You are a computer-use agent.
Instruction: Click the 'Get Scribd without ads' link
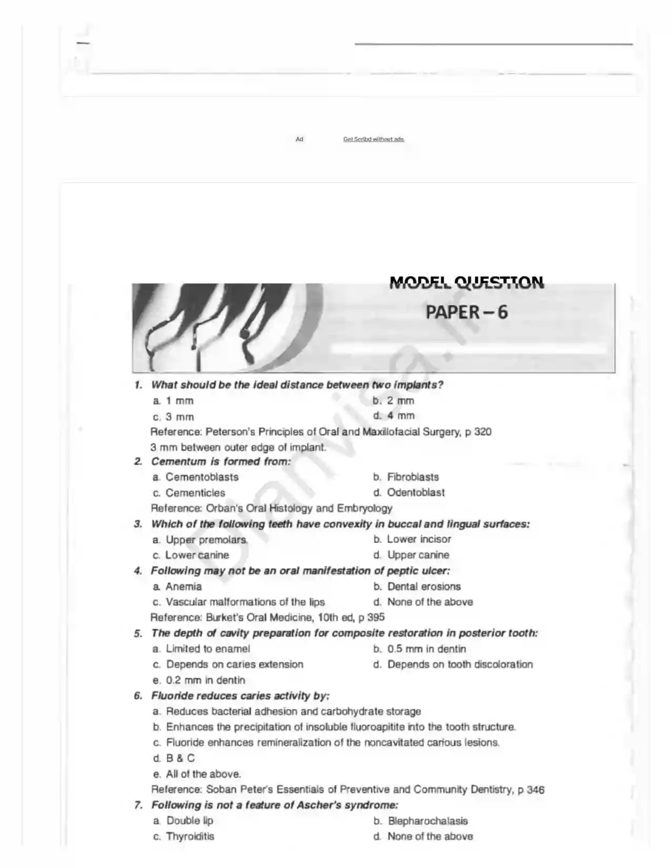[374, 139]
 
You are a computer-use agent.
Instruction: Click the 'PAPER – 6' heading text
[466, 312]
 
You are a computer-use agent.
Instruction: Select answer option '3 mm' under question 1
[179, 417]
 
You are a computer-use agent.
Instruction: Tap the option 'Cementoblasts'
[202, 477]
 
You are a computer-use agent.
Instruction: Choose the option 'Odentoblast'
[415, 492]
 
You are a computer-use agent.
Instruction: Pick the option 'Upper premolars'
[206, 540]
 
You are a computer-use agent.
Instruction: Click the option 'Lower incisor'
[418, 539]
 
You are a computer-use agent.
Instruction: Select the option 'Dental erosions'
[424, 587]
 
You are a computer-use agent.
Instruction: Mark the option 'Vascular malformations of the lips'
[245, 602]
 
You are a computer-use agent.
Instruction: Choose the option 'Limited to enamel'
[208, 649]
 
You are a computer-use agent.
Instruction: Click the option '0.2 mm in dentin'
[205, 680]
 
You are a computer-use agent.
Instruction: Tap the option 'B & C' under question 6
[180, 759]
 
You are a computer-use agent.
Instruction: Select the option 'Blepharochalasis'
[427, 821]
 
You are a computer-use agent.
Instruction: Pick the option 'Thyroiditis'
[190, 836]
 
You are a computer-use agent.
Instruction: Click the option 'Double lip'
[189, 821]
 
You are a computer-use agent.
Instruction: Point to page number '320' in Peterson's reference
[483, 432]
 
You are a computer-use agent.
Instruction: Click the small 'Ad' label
[299, 139]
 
